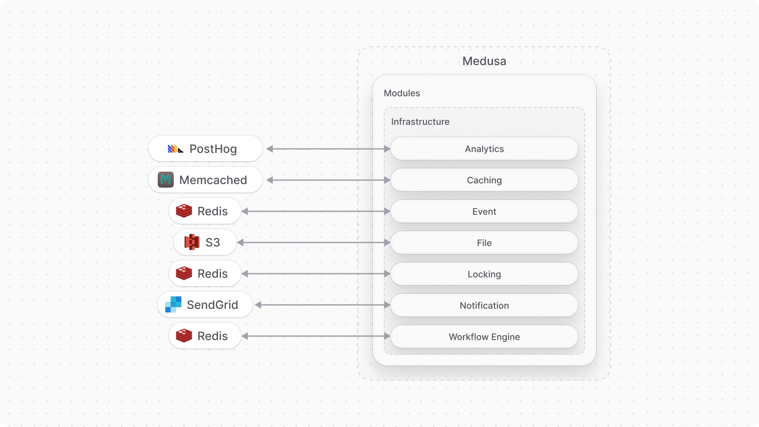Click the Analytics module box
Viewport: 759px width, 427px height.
click(x=484, y=149)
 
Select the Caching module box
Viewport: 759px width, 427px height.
click(x=484, y=180)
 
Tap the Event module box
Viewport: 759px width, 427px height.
click(x=484, y=211)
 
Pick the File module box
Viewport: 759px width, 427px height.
click(x=484, y=243)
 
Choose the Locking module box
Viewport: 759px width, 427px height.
click(x=484, y=274)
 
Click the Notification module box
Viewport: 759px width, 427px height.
click(x=484, y=305)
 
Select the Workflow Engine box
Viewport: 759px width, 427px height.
click(x=484, y=337)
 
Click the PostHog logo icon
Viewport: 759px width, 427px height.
click(x=175, y=149)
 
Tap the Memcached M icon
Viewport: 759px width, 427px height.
click(x=166, y=180)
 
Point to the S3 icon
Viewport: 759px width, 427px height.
click(x=192, y=242)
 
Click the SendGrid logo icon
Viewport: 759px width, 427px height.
click(x=173, y=304)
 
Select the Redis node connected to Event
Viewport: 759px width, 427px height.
click(x=205, y=211)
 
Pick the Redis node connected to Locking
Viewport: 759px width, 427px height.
click(x=205, y=274)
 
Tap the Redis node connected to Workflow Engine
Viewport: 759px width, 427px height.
click(x=205, y=336)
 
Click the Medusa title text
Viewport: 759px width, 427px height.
click(x=484, y=61)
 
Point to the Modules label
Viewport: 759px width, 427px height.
click(x=402, y=93)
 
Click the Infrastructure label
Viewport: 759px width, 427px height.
click(x=420, y=122)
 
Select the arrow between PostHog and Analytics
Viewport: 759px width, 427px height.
click(x=328, y=149)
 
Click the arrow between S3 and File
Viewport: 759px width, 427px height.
click(x=314, y=242)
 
